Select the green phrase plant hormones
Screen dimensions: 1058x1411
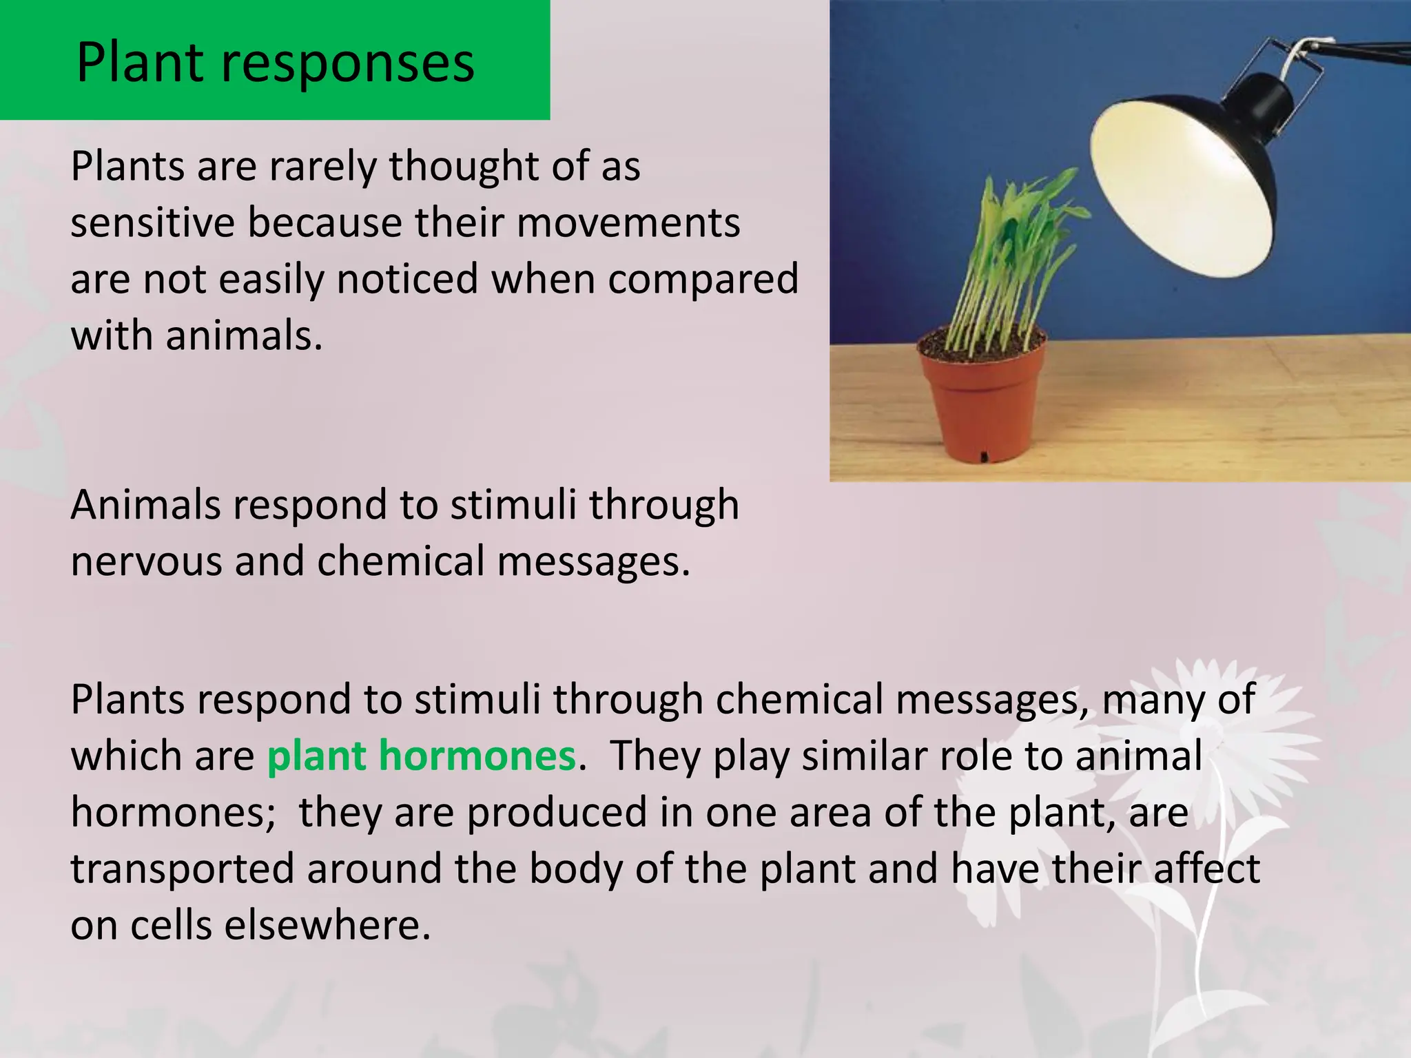pyautogui.click(x=421, y=756)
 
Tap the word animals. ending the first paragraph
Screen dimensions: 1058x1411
pyautogui.click(x=244, y=336)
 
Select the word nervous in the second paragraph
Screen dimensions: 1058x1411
pyautogui.click(x=145, y=561)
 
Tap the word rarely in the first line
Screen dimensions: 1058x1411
pyautogui.click(x=323, y=167)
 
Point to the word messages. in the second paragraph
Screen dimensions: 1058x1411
pyautogui.click(x=593, y=561)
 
